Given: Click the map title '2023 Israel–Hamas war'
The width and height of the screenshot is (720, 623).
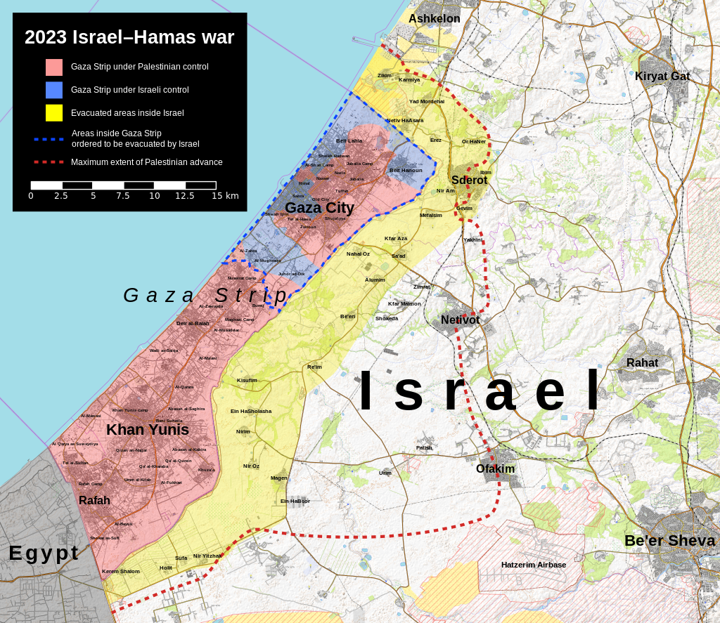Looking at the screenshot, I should [x=129, y=37].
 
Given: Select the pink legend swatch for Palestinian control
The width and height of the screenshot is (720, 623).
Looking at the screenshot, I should [x=54, y=67].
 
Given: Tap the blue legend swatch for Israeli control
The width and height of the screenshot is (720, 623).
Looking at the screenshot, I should [x=54, y=90].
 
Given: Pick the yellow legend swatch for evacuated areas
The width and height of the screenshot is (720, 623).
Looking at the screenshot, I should [x=54, y=112].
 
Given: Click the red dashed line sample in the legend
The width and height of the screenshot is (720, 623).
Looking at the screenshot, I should [x=49, y=162].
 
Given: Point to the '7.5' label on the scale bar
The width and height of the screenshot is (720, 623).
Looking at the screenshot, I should [x=123, y=196].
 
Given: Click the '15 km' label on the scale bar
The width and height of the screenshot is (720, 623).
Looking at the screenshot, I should [x=226, y=196].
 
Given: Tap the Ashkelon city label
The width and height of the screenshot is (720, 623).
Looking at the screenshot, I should [x=435, y=19].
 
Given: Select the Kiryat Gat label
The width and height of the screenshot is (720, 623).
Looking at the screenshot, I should [x=662, y=77].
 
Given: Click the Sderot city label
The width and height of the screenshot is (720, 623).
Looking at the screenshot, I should [x=469, y=181].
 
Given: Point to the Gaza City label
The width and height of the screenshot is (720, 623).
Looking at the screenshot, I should [x=319, y=208].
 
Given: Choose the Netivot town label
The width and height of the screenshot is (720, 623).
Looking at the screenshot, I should [x=460, y=320].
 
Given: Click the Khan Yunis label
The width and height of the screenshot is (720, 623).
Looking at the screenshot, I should [x=148, y=429].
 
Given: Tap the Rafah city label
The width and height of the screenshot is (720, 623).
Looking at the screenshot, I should [x=94, y=501].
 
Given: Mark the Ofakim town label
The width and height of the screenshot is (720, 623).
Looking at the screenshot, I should [x=495, y=469].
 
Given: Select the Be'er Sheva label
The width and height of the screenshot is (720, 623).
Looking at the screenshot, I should [x=669, y=541].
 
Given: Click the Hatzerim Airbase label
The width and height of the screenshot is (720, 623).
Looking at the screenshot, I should [x=534, y=565].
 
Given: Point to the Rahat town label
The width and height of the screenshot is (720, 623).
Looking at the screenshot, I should [x=642, y=363].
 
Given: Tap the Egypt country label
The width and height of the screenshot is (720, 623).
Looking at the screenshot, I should [x=44, y=553].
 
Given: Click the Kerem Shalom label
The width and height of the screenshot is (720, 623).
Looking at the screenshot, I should [x=121, y=572].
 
